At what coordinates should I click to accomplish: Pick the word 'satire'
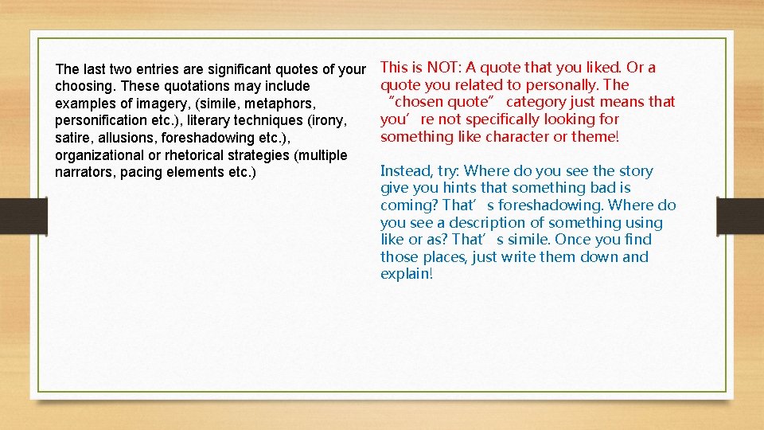73,138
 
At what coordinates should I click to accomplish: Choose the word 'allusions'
127,138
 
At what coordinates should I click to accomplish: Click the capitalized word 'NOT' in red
442,68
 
